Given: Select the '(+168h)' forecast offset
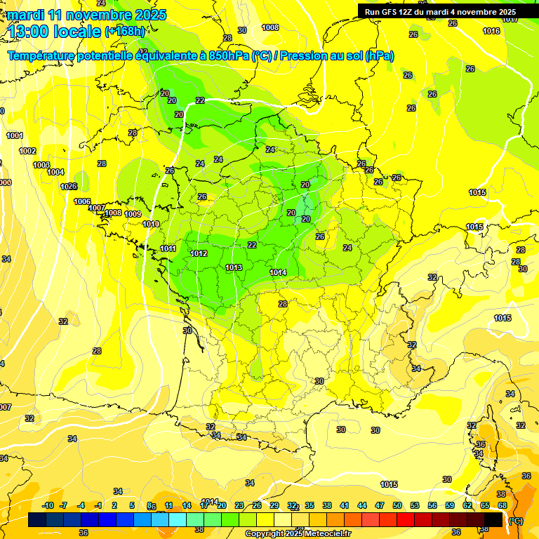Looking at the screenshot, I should click(125, 32).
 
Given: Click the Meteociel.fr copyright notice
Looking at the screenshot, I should click(297, 533).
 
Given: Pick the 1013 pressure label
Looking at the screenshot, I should click(234, 267).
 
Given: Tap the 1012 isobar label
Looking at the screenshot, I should click(198, 253).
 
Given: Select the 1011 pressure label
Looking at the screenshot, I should click(168, 248).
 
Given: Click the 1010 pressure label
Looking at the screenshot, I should click(150, 224).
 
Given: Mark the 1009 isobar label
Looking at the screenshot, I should click(133, 214).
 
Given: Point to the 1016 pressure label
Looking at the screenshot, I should click(491, 31).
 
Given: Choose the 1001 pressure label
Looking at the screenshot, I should click(15, 135).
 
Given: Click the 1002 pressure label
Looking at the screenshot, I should click(27, 151).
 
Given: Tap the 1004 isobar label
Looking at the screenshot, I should click(55, 172).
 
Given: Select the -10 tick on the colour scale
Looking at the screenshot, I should click(48, 505).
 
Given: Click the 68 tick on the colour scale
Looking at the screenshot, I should click(502, 505).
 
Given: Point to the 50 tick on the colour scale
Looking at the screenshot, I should click(397, 505).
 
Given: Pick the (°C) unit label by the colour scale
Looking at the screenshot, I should click(515, 521).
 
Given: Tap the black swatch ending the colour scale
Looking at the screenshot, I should click(493, 520).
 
